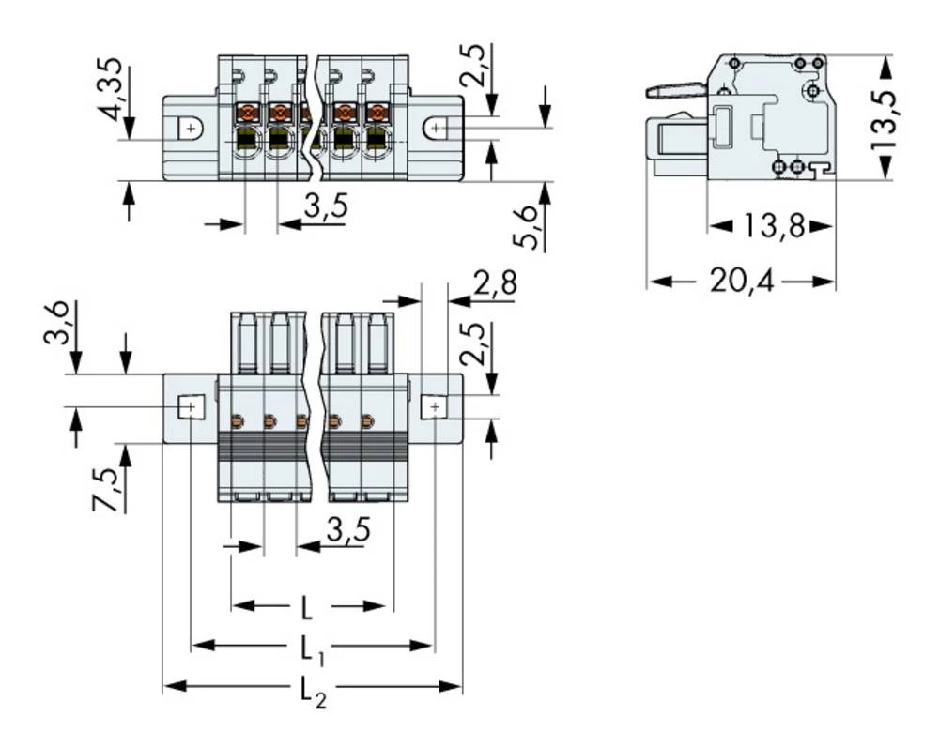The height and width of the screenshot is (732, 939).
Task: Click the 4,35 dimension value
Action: pyautogui.click(x=112, y=91)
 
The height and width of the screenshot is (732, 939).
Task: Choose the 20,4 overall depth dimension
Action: pyautogui.click(x=741, y=282)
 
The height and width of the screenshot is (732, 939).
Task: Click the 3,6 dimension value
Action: pyautogui.click(x=58, y=324)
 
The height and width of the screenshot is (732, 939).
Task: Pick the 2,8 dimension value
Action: pyautogui.click(x=494, y=284)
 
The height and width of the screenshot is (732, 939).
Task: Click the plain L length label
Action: pyautogui.click(x=307, y=608)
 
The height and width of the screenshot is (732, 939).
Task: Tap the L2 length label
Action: pyautogui.click(x=313, y=690)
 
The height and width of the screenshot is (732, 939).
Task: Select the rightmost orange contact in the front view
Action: pyautogui.click(x=376, y=114)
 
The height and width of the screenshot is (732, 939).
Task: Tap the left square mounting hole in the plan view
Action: pyautogui.click(x=190, y=406)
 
